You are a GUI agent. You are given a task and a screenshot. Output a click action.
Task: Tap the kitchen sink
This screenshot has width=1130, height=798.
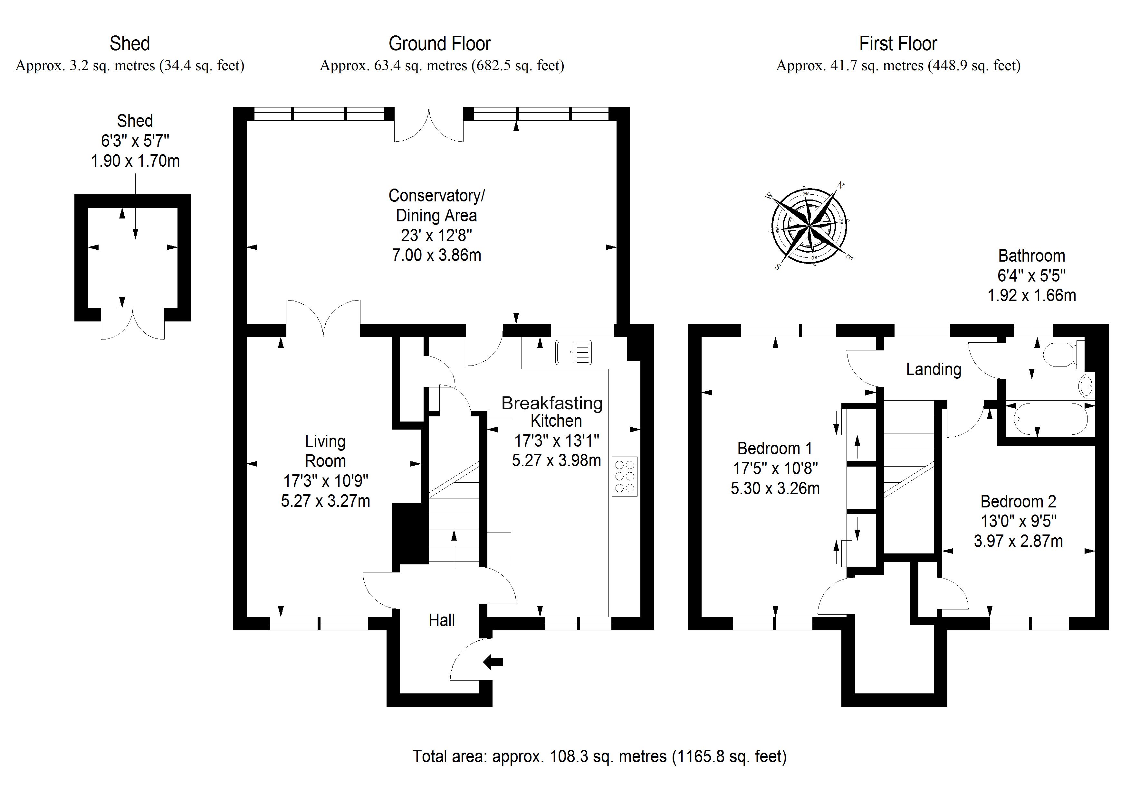573,353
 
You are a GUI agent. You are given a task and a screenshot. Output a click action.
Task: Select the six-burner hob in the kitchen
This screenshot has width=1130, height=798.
625,476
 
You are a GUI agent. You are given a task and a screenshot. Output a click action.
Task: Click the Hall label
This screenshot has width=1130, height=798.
442,620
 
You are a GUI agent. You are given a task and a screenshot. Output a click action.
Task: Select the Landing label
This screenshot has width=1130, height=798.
934,369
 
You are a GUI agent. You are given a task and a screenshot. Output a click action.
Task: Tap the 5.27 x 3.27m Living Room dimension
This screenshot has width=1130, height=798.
325,501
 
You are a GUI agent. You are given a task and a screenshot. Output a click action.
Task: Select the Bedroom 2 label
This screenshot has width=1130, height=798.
1018,502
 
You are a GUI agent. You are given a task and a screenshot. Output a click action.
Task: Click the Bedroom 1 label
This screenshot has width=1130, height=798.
775,449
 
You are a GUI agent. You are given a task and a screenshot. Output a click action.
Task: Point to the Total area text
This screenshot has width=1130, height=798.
599,756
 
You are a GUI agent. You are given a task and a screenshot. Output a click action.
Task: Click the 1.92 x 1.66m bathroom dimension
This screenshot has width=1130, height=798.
1031,295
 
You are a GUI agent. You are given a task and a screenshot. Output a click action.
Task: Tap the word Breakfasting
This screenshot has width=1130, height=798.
552,403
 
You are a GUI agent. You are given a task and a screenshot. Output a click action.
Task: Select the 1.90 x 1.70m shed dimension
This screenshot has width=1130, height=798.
135,161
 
